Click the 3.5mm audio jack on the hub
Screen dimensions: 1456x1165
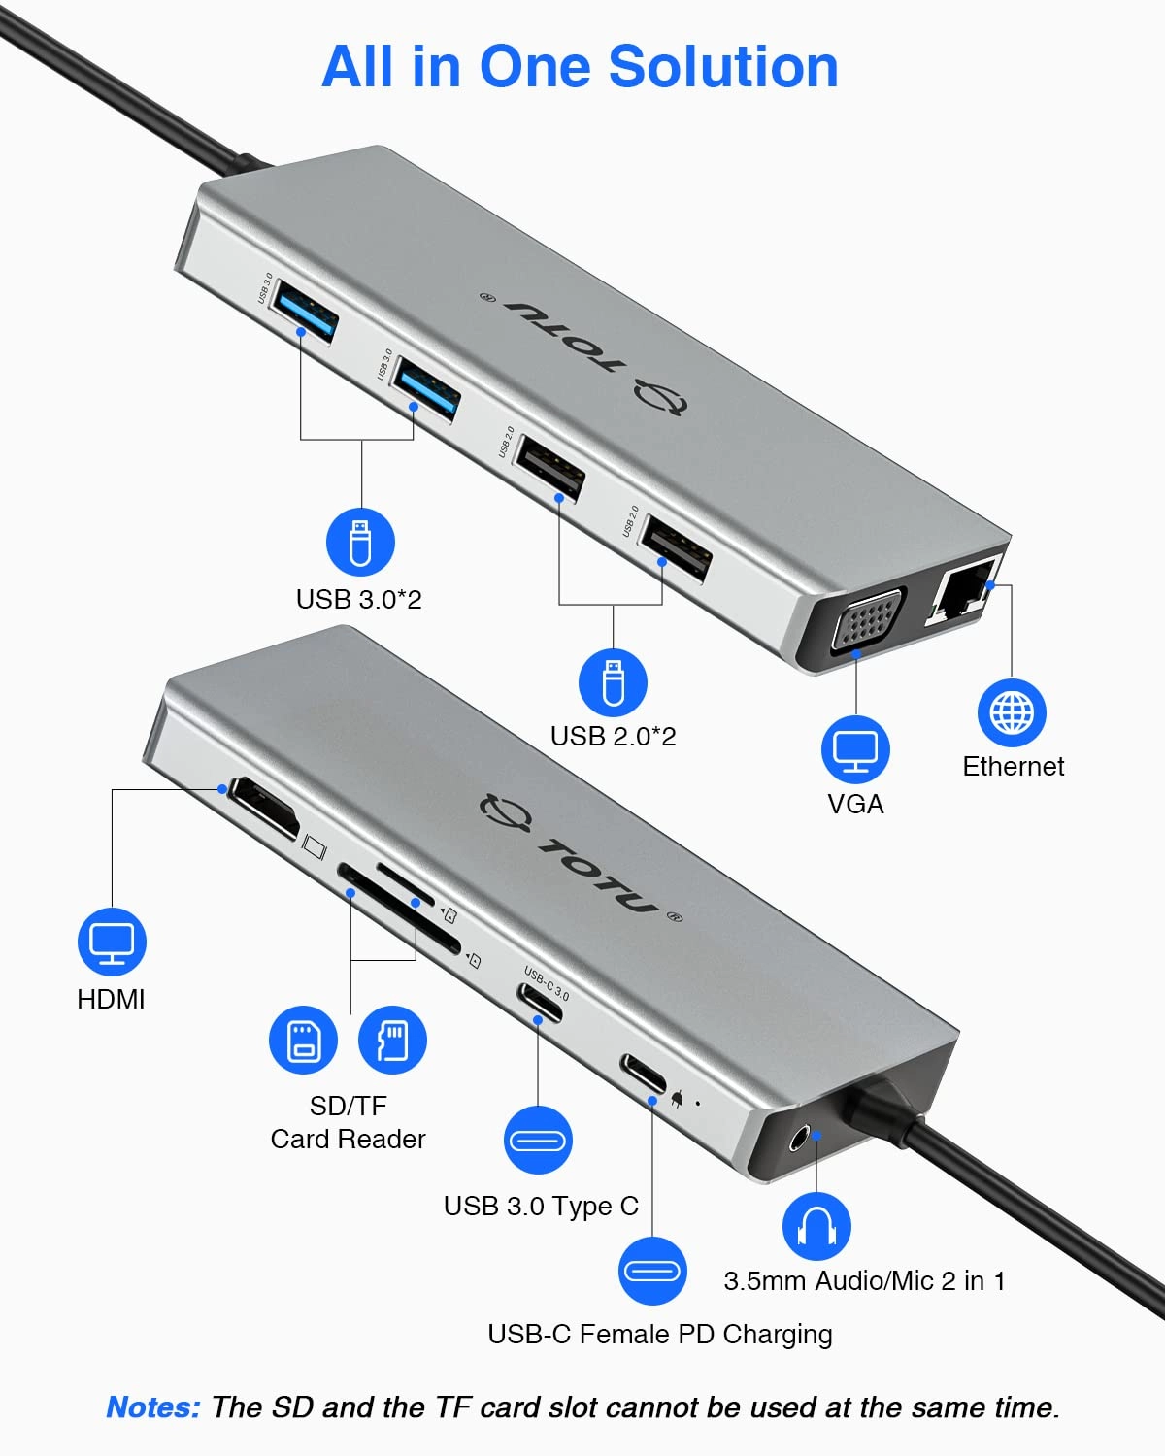tap(803, 1137)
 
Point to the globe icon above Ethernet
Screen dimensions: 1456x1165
tap(1012, 713)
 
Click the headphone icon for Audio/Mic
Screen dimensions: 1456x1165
tap(816, 1226)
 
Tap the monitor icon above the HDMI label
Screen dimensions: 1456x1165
tap(112, 942)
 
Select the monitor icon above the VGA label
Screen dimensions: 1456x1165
tap(855, 749)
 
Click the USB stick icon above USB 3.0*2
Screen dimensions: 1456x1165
tap(360, 542)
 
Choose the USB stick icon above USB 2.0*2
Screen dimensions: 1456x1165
tap(613, 682)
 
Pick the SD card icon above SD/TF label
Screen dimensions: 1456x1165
tap(303, 1040)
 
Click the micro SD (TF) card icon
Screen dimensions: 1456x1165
tap(392, 1040)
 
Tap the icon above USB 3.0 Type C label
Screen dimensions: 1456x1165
tap(538, 1140)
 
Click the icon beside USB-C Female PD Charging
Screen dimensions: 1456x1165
tap(652, 1271)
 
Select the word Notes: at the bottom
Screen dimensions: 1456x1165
tap(153, 1407)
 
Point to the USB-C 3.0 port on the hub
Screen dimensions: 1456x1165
tap(540, 1002)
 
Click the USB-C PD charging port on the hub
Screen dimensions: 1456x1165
tap(644, 1074)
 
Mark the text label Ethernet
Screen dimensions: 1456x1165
tap(1013, 767)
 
